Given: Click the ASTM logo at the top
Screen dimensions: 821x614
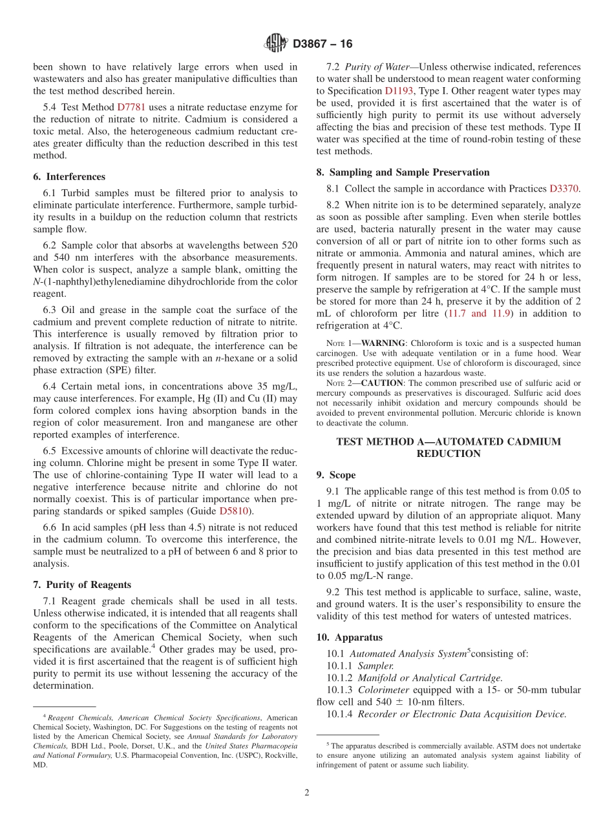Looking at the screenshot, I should pyautogui.click(x=276, y=44).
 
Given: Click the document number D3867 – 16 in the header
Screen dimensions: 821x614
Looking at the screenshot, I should pyautogui.click(x=323, y=44).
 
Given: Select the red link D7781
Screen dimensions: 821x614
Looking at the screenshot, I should pyautogui.click(x=131, y=106).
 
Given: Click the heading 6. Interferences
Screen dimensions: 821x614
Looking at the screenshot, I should pyautogui.click(x=69, y=177).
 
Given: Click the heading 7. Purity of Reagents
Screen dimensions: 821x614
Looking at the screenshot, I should pyautogui.click(x=82, y=585).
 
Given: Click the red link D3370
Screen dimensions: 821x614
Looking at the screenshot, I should pyautogui.click(x=564, y=188).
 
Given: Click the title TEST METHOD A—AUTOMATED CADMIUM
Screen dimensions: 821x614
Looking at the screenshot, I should pyautogui.click(x=449, y=441).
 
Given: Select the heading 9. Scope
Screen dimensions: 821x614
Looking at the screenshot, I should pyautogui.click(x=336, y=475).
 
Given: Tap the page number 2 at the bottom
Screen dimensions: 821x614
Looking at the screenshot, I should pyautogui.click(x=307, y=792).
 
